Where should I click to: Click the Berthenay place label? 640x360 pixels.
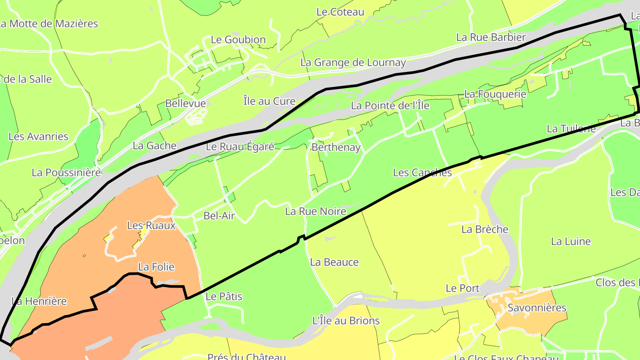click(x=336, y=147)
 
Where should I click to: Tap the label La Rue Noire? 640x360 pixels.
click(x=316, y=211)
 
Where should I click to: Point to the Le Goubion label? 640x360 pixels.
click(x=238, y=40)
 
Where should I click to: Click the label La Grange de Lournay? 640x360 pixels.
click(x=353, y=63)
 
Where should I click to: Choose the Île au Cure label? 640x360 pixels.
click(x=269, y=101)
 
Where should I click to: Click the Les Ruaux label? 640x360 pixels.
click(x=151, y=225)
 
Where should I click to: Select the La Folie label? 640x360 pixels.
click(x=156, y=267)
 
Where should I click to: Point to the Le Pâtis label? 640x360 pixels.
click(x=224, y=296)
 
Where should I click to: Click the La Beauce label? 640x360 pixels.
click(x=334, y=262)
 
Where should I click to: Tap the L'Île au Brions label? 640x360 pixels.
click(x=346, y=320)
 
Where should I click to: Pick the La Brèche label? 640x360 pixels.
click(x=484, y=229)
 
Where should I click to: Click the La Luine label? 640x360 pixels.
click(x=571, y=241)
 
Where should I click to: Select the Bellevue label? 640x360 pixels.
click(x=185, y=104)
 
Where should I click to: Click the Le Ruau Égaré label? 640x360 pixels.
click(x=240, y=147)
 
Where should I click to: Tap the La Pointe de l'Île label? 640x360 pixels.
click(x=390, y=106)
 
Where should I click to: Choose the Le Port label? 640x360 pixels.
click(x=463, y=288)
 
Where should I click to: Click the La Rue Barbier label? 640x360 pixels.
click(x=491, y=37)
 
